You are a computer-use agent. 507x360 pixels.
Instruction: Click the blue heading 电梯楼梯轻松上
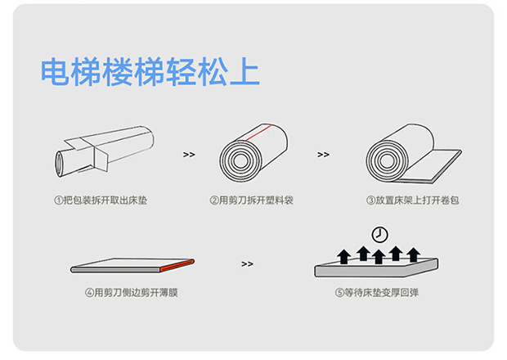(x=150, y=72)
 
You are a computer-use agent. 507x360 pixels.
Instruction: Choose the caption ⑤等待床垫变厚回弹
(x=379, y=292)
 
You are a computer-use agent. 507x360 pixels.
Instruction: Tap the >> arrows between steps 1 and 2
(x=189, y=153)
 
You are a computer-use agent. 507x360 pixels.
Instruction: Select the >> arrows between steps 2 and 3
(x=323, y=153)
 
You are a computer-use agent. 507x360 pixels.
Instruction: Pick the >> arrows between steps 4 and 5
(x=248, y=263)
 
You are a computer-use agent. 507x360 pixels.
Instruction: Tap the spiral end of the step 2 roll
(x=240, y=159)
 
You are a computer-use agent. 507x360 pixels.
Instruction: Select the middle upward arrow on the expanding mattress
(x=379, y=256)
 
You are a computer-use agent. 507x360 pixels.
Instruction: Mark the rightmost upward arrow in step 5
(x=414, y=254)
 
